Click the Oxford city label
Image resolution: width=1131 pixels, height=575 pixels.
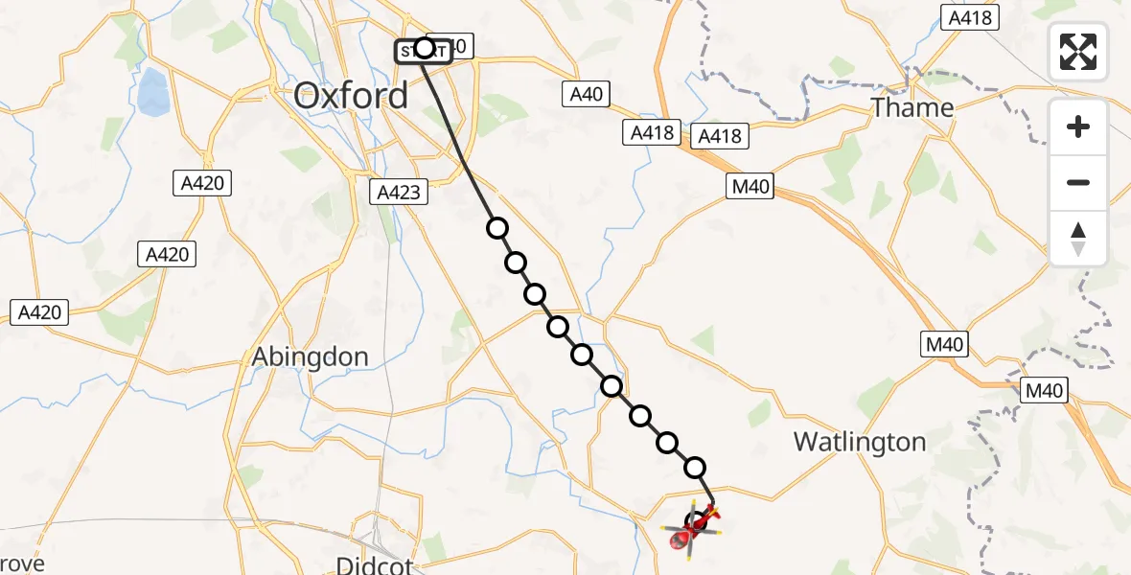tap(351, 95)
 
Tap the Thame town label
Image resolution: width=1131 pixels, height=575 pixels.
tap(912, 107)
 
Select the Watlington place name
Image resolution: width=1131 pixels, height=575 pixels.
tap(860, 442)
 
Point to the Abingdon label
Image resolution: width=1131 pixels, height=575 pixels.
tap(310, 357)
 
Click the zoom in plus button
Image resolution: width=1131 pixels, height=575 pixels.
tap(1078, 126)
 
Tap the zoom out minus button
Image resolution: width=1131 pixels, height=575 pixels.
tap(1078, 182)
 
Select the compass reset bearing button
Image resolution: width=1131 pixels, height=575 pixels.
tap(1078, 238)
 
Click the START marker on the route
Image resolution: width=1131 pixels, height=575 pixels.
tap(423, 50)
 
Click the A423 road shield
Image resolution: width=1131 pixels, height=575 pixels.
tap(398, 192)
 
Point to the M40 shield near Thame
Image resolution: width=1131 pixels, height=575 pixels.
tap(750, 188)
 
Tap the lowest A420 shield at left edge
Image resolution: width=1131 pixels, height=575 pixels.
tap(40, 311)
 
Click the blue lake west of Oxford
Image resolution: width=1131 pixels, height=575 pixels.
tap(151, 94)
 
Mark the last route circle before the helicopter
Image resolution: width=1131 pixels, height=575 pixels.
tap(695, 468)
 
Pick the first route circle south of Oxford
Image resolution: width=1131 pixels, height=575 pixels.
tap(496, 228)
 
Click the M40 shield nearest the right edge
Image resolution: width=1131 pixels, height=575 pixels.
tap(1043, 390)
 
